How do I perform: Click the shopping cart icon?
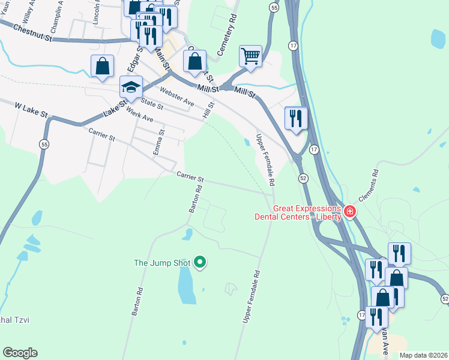251,56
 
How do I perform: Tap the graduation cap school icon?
131,88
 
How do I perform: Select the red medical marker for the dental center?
349,212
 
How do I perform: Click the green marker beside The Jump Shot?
201,262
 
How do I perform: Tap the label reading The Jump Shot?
161,263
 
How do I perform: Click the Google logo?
20,353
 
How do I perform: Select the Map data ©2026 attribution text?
423,355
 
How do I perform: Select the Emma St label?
158,143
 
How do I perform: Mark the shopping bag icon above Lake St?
102,66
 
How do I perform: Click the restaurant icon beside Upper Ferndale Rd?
296,118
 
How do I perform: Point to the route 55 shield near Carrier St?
44,145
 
